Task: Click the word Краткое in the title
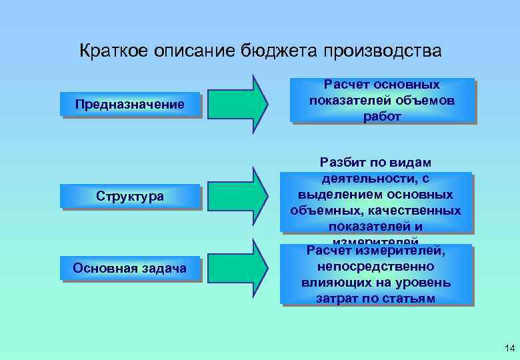(x=114, y=51)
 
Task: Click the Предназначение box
(x=130, y=104)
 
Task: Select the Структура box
(x=130, y=197)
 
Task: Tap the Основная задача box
(x=130, y=268)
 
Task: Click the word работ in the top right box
(x=383, y=116)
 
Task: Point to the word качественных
(x=417, y=211)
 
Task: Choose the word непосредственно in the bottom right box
(x=377, y=267)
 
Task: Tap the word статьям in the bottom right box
(x=409, y=298)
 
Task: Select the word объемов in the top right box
(x=423, y=101)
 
